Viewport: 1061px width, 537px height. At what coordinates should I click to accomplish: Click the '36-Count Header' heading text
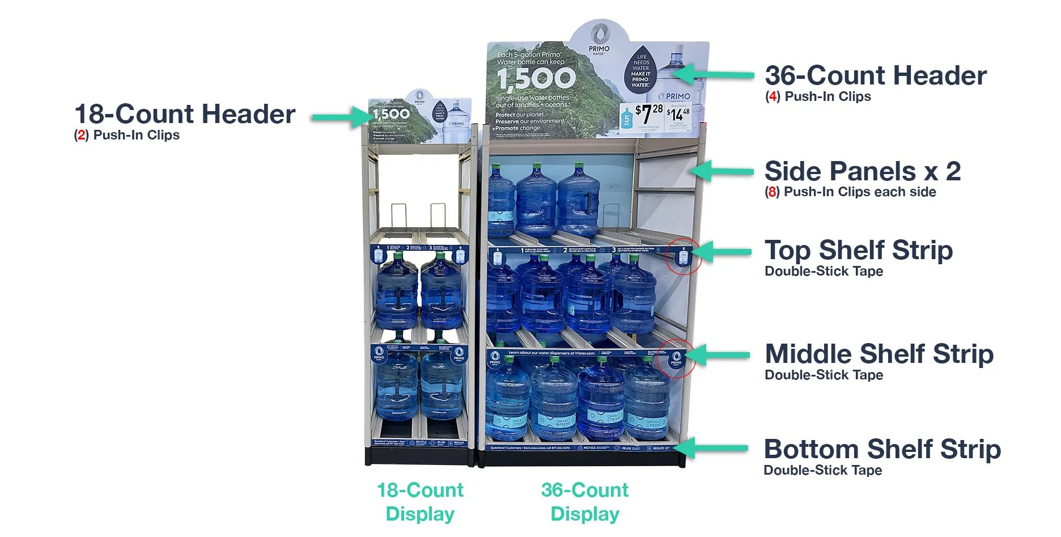click(875, 75)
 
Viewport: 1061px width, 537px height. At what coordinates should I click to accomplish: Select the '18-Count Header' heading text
click(185, 114)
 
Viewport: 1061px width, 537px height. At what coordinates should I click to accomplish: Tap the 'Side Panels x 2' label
click(862, 171)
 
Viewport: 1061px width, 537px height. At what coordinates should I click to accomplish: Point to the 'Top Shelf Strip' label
click(858, 250)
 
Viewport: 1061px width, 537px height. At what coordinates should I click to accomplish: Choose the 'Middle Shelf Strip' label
click(878, 354)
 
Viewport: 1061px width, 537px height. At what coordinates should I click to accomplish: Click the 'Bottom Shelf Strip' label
click(882, 449)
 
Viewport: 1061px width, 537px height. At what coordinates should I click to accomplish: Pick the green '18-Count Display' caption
click(420, 502)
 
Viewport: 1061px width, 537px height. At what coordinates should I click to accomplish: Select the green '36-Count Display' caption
click(585, 502)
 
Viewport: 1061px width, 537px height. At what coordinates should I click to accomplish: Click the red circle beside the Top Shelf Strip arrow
click(684, 256)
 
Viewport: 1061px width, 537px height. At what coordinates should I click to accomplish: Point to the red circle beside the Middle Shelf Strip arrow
click(676, 358)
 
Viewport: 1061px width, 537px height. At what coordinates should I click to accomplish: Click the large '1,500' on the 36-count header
click(536, 78)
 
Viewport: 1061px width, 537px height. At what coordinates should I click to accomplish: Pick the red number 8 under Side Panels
click(772, 192)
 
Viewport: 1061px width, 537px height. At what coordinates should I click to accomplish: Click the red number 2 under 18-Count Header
click(81, 136)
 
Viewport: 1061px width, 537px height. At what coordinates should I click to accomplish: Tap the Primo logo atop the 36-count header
click(599, 37)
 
